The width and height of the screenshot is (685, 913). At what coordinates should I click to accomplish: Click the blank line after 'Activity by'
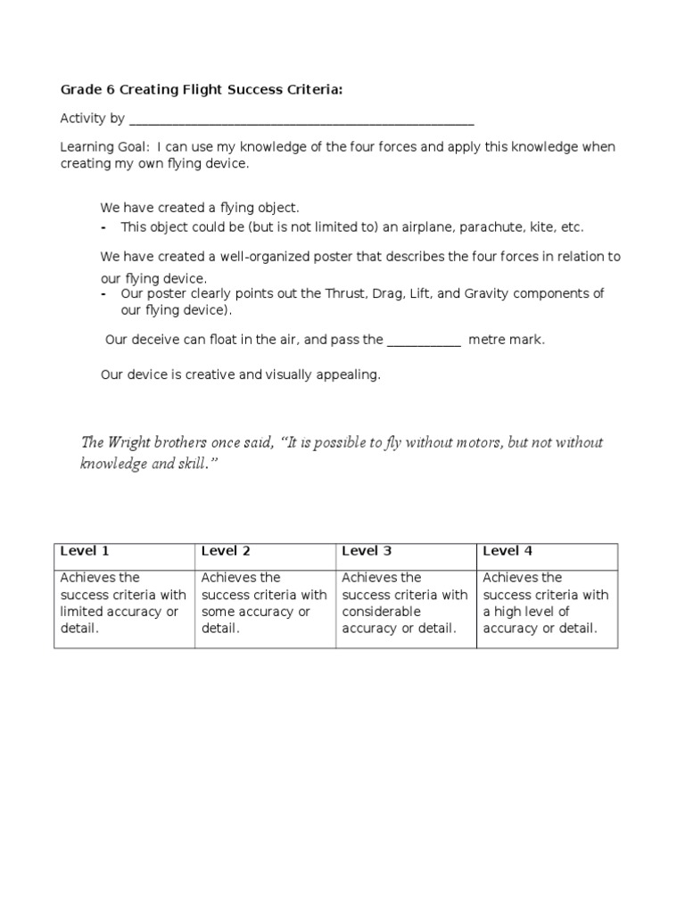[301, 120]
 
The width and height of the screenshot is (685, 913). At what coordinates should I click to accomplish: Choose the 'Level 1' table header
[85, 551]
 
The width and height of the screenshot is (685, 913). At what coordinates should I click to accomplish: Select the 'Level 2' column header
[226, 551]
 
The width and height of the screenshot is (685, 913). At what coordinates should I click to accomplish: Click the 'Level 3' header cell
[367, 551]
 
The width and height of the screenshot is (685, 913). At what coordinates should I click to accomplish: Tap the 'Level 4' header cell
[508, 551]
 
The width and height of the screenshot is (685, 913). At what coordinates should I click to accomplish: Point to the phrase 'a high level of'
[526, 612]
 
